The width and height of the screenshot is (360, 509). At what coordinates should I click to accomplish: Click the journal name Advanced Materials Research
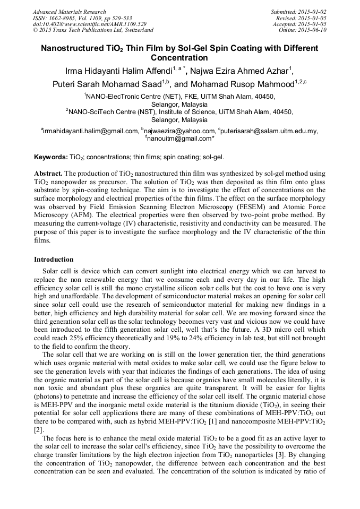(x=69, y=12)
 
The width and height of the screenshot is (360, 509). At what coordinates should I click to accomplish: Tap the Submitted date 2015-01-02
(x=314, y=12)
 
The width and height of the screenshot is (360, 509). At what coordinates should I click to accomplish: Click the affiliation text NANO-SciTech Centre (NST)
(x=110, y=112)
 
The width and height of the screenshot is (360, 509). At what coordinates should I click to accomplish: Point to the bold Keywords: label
(x=50, y=158)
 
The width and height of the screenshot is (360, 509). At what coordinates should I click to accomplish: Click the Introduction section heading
(x=54, y=260)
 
